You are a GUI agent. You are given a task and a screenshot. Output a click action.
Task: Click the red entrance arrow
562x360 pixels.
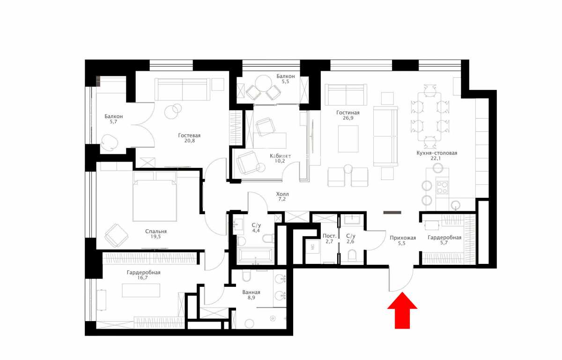(x=402, y=310)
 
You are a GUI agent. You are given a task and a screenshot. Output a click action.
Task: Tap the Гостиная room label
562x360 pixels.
(x=348, y=112)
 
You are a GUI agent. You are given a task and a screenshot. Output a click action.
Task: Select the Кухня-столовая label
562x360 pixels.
(x=437, y=153)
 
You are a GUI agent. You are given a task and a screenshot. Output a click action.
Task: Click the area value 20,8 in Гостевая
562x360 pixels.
(x=190, y=141)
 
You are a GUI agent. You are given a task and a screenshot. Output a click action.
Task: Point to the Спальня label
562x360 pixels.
(x=156, y=231)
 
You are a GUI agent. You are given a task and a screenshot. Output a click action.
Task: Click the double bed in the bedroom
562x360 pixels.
(x=155, y=196)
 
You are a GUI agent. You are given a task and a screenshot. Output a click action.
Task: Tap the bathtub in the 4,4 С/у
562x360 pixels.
(x=255, y=255)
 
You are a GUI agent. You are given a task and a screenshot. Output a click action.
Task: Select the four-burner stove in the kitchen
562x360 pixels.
(x=442, y=187)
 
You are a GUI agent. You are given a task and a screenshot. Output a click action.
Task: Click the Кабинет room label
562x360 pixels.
(x=280, y=156)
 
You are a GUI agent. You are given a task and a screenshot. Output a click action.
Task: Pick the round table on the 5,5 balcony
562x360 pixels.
(x=263, y=83)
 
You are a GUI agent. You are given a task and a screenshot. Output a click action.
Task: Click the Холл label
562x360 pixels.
(x=282, y=194)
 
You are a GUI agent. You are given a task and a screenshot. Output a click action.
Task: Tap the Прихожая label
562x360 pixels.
(x=403, y=238)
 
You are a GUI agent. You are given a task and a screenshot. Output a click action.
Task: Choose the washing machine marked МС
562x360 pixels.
(x=313, y=247)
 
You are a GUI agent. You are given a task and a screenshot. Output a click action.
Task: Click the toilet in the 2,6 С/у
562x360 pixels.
(x=352, y=255)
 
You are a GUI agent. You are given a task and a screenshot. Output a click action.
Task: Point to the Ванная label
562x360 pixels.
(x=251, y=292)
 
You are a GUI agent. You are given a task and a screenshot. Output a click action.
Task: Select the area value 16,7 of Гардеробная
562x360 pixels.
(x=142, y=277)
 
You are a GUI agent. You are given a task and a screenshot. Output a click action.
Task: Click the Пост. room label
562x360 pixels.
(x=329, y=236)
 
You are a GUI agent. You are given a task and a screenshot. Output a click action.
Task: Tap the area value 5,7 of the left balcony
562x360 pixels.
(x=113, y=122)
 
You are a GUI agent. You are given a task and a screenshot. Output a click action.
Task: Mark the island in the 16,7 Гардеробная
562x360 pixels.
(x=141, y=290)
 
